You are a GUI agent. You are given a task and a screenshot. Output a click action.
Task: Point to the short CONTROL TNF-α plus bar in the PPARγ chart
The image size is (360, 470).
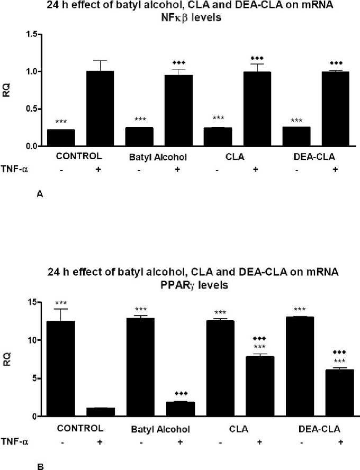[101, 412]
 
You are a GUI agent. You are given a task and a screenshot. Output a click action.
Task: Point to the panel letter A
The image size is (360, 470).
[40, 195]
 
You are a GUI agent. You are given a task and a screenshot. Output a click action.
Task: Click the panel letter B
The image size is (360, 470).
[40, 466]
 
